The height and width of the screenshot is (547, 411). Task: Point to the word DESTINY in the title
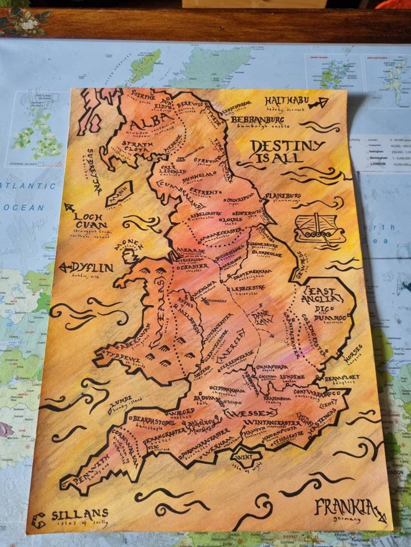288,147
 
